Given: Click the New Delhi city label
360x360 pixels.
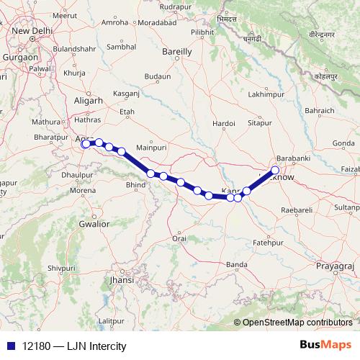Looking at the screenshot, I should pos(30,31).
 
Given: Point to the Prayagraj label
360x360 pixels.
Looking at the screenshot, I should pos(335,266).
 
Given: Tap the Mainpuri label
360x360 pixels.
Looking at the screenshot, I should pos(151,146).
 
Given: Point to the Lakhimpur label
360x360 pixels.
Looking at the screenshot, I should pos(263,94).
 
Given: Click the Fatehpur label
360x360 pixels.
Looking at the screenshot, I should pos(265,244).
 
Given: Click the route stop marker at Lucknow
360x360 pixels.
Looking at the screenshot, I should pos(274,171).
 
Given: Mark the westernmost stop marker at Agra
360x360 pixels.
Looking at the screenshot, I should pos(85,144).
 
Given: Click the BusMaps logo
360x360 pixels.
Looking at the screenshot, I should pos(325,345).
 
